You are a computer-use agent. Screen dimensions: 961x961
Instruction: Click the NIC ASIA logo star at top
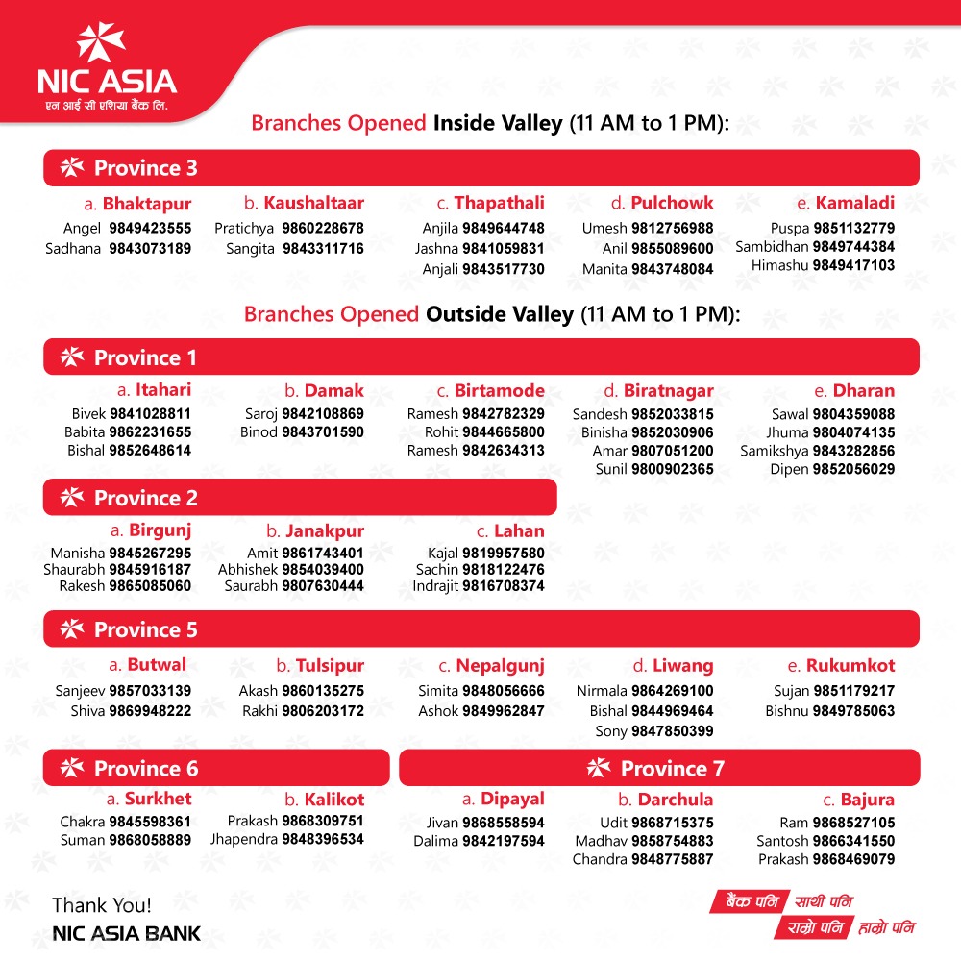(x=101, y=45)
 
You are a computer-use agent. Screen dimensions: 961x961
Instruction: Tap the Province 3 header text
(x=145, y=168)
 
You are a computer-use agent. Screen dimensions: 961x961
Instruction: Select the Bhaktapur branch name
(x=147, y=204)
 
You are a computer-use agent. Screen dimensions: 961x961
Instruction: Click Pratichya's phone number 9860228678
(x=323, y=229)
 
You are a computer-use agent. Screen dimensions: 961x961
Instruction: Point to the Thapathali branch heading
(x=499, y=203)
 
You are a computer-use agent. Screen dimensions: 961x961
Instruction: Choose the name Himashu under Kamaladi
(x=780, y=266)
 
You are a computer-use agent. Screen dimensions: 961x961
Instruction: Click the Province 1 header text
(x=145, y=358)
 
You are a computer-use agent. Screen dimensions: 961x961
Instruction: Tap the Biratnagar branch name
(x=668, y=391)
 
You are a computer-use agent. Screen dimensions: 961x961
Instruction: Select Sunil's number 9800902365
(x=672, y=470)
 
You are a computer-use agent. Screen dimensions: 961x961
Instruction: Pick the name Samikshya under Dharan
(x=774, y=451)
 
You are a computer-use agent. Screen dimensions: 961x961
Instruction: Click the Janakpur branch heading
(x=326, y=531)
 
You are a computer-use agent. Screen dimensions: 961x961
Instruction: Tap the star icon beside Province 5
(x=72, y=629)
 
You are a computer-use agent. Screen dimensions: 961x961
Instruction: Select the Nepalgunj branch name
(x=500, y=666)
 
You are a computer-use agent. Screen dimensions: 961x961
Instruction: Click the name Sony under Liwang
(x=611, y=731)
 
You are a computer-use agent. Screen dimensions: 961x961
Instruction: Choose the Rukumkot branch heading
(x=850, y=666)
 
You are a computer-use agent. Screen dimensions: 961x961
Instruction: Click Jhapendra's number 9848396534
(x=323, y=840)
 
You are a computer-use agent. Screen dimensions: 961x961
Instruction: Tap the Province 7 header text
(x=672, y=769)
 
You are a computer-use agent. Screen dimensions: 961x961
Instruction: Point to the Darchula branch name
(x=675, y=800)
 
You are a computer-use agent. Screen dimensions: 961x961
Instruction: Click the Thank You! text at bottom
(x=101, y=905)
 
